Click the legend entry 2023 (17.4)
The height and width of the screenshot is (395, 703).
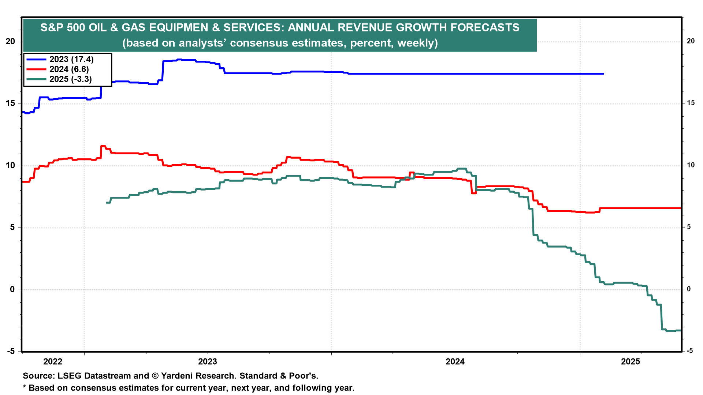pyautogui.click(x=71, y=59)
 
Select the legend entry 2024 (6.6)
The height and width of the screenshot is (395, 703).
pyautogui.click(x=69, y=69)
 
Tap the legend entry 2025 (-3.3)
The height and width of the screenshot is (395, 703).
pyautogui.click(x=71, y=79)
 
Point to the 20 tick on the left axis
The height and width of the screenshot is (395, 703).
pyautogui.click(x=10, y=41)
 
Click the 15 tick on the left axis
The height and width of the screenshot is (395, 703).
pyautogui.click(x=10, y=104)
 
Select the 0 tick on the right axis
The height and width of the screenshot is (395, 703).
pyautogui.click(x=689, y=289)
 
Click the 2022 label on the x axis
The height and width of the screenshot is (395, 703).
pyautogui.click(x=53, y=362)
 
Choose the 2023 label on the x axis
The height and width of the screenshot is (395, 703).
pyautogui.click(x=208, y=362)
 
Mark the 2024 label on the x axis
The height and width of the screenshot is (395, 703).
pyautogui.click(x=455, y=362)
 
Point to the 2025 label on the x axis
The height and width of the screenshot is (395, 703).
pyautogui.click(x=631, y=362)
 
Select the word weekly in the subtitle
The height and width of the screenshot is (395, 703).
pyautogui.click(x=416, y=43)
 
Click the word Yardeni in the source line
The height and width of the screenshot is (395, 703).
pyautogui.click(x=177, y=376)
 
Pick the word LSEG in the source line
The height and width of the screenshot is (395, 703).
pyautogui.click(x=68, y=376)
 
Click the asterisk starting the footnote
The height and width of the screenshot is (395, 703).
pyautogui.click(x=25, y=388)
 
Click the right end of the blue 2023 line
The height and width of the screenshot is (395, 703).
pyautogui.click(x=603, y=74)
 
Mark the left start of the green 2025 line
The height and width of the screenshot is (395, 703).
pyautogui.click(x=107, y=202)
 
